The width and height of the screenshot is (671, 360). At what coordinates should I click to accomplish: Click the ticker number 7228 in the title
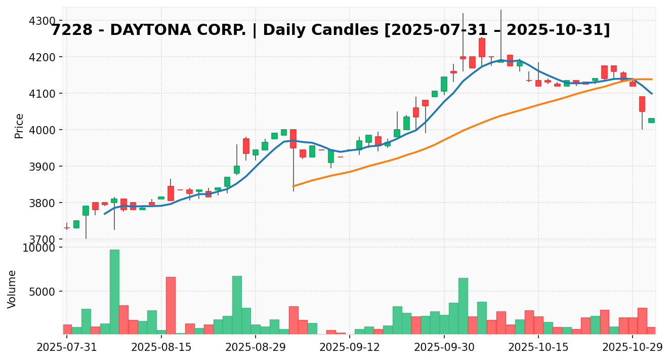(72, 30)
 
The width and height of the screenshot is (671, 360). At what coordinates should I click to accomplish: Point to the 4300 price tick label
(43, 21)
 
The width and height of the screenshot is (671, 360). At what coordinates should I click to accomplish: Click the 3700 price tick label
(43, 239)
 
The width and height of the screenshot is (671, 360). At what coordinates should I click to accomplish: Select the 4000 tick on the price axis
(43, 130)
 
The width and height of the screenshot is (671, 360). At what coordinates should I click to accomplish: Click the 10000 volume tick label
(39, 248)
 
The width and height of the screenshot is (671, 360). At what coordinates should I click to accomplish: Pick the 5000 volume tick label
(43, 292)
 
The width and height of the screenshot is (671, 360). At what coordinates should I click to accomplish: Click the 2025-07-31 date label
(67, 348)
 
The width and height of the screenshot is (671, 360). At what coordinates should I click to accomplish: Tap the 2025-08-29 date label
(256, 348)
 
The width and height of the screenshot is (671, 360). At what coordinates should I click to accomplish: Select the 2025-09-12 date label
(350, 348)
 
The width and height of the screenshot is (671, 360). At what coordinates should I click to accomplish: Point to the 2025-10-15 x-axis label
(538, 348)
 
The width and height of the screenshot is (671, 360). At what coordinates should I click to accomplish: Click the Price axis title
(19, 126)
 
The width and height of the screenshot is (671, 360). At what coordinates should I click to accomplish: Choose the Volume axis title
(12, 289)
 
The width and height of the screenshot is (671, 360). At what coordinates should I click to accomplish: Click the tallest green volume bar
(114, 292)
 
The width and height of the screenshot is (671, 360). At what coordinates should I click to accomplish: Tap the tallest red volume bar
(171, 305)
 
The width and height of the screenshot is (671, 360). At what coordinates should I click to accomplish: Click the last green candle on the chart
(651, 121)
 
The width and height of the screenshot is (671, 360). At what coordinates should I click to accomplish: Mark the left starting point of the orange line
(293, 186)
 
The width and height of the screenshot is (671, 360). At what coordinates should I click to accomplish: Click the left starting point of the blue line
(105, 214)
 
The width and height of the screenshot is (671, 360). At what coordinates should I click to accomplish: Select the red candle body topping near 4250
(482, 48)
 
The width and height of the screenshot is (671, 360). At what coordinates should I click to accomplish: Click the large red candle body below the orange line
(642, 104)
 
